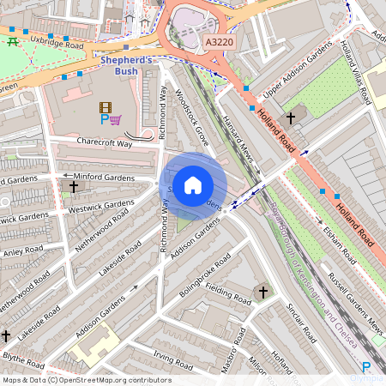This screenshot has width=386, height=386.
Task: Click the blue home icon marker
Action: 193,185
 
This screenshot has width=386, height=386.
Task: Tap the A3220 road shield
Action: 219,40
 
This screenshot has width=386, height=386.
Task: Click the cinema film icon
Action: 105,107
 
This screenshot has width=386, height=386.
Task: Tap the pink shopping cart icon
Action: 116,120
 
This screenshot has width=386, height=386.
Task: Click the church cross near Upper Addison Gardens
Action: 291,117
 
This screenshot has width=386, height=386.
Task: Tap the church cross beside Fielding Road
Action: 261,293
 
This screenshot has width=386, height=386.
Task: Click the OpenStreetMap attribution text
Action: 86,380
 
